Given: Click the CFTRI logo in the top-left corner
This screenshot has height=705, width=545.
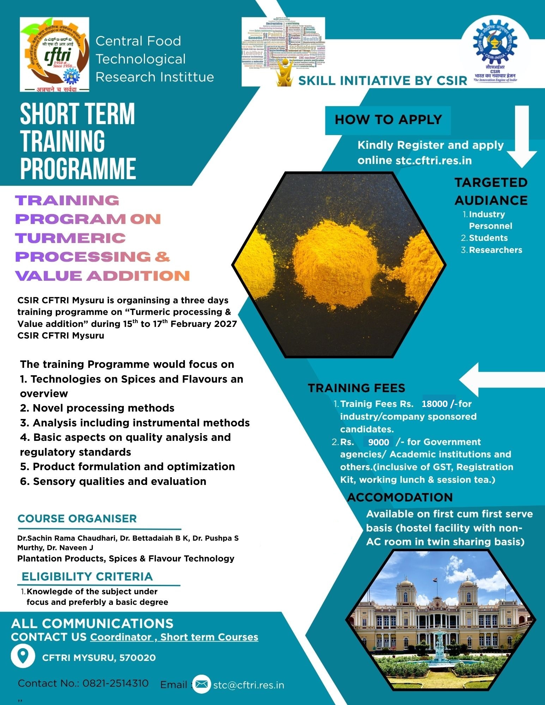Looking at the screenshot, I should [54, 54].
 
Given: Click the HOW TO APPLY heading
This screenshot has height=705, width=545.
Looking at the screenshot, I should [388, 120].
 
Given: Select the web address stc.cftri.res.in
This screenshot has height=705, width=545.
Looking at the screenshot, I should [434, 160].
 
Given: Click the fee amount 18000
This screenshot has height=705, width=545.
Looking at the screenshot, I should [435, 404].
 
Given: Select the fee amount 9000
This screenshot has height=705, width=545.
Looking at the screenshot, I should [378, 442].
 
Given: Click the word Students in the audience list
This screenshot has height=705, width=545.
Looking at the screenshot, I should [488, 238].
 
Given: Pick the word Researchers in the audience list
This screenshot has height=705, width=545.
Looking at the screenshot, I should [495, 250].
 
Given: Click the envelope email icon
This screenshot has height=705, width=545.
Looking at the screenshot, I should [201, 685].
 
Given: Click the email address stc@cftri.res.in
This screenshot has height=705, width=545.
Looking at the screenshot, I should [249, 685].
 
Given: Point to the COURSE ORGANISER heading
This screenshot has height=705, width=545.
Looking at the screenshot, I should [77, 519].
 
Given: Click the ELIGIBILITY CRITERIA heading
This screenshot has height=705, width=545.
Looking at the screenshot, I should [87, 577].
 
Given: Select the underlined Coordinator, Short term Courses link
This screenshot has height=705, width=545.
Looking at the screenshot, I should [174, 637].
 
